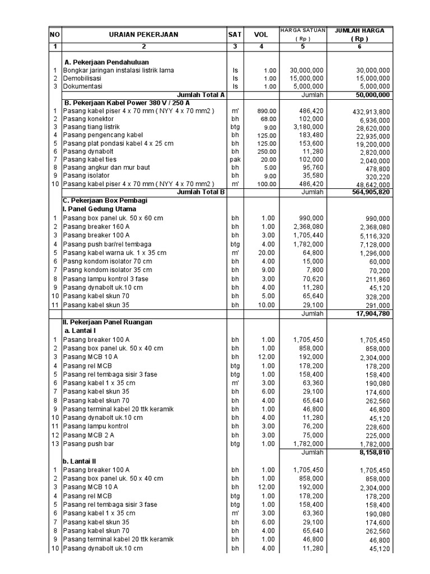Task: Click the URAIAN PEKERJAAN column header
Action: (x=144, y=35)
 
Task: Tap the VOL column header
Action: (x=261, y=35)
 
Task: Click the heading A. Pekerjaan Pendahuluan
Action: (x=106, y=62)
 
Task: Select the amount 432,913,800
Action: (x=367, y=112)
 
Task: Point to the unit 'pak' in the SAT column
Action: (x=235, y=160)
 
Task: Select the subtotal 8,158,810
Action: (x=371, y=452)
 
